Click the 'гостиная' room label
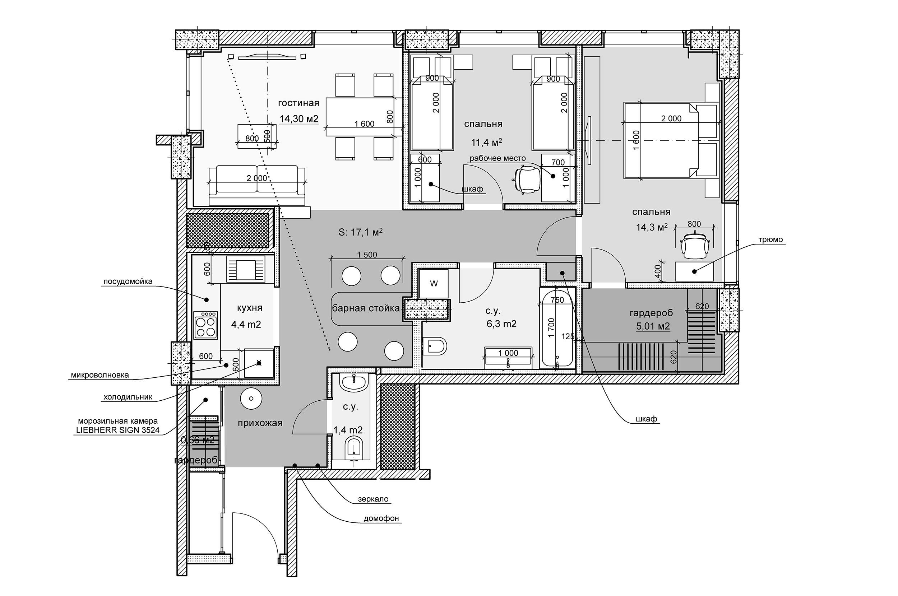coord(298,103)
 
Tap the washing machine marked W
coord(434,284)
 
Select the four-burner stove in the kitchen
coord(206,325)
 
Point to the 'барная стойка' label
coord(366,308)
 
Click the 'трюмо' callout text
coord(770,239)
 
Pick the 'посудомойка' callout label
coord(128,281)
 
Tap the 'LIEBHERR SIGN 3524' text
coord(118,430)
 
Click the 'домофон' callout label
coord(381,518)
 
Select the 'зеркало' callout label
coord(373,499)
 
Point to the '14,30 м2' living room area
coord(298,119)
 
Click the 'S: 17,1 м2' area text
coord(360,232)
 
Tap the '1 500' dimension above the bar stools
coord(367,255)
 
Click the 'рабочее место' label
coord(497,158)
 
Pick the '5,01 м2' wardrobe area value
coord(653,326)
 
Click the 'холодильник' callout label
coord(128,397)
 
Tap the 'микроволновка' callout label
coord(99,375)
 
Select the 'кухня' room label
coord(249,308)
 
